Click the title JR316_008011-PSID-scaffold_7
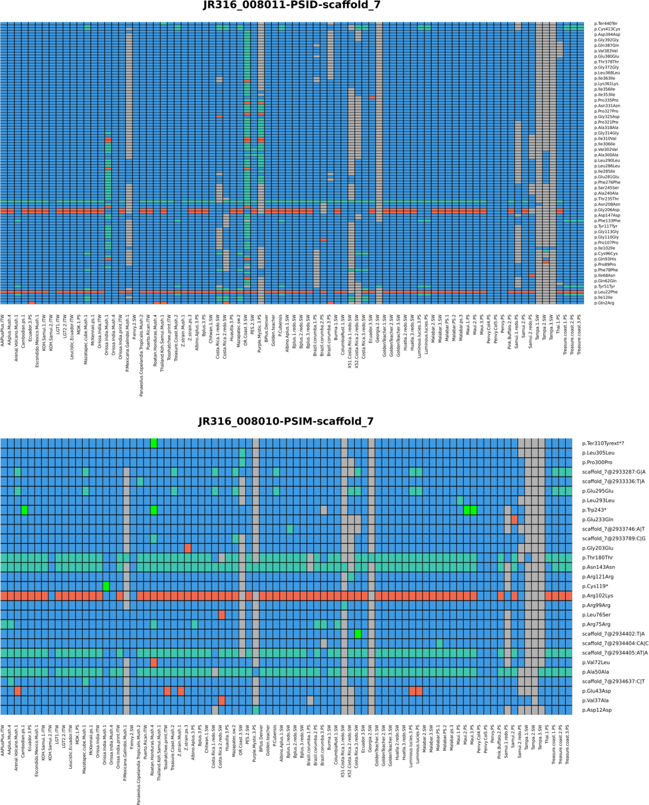(291, 5)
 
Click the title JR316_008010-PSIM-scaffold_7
(286, 422)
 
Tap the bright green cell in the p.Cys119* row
(106, 586)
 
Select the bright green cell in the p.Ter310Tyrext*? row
(154, 443)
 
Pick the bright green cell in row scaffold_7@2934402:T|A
(358, 634)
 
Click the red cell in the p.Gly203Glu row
(188, 548)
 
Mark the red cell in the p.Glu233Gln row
(514, 520)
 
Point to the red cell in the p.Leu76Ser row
(222, 615)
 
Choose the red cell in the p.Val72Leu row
(154, 662)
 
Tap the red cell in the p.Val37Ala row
(222, 700)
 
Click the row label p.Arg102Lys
(597, 596)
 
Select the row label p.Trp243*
(594, 510)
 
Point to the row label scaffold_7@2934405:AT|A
(615, 653)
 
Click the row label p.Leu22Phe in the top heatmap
(606, 292)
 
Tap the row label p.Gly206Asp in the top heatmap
(606, 210)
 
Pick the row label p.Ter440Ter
(606, 23)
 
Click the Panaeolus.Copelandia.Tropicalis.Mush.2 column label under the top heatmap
(142, 356)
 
